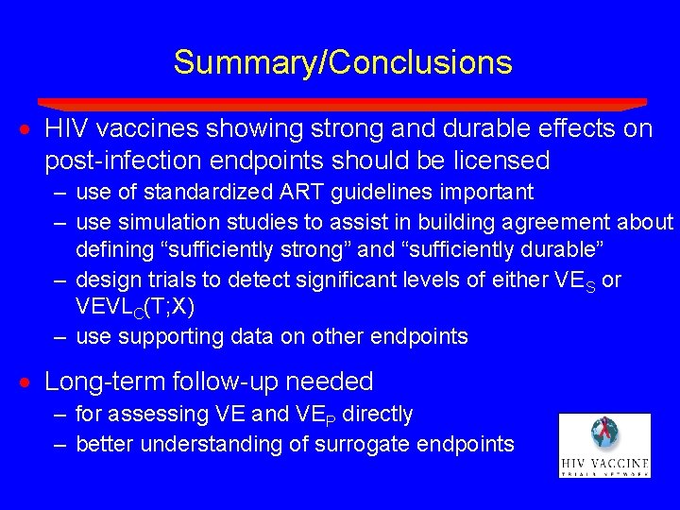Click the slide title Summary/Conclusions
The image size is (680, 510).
click(342, 63)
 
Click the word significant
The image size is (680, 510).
click(382, 280)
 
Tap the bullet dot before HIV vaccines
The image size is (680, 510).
click(30, 129)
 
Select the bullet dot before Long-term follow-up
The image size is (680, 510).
click(30, 382)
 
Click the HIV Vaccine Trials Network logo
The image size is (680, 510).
click(604, 444)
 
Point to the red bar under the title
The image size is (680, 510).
click(342, 103)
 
